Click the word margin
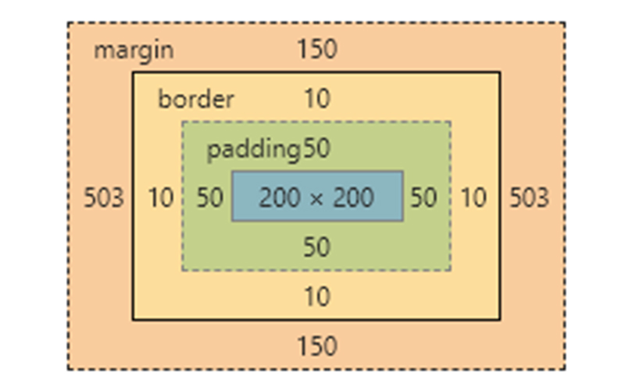pos(134,51)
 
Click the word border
pos(196,100)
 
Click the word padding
pos(254,150)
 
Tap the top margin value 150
pos(316,50)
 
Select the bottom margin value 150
pos(316,346)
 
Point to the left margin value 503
pos(104,198)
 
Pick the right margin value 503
pos(529,198)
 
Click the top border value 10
pos(316,100)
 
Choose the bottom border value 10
pos(316,297)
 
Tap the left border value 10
pos(160,198)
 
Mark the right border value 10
pos(473,198)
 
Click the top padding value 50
pos(316,150)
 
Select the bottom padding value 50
pos(316,248)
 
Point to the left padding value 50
pos(209,198)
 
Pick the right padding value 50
pos(423,198)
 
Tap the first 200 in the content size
pos(279,198)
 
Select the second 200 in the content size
pos(354,198)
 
